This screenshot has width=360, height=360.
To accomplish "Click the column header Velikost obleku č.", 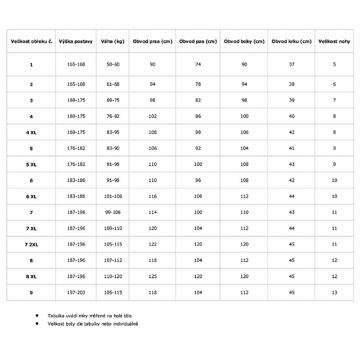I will pos(31,41).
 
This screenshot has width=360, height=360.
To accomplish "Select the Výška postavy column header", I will pos(76,41).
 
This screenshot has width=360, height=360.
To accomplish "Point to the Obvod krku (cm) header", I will pos(292,41).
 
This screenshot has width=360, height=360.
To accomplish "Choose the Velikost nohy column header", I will pos(334,41).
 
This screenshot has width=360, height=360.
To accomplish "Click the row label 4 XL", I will pos(31,132).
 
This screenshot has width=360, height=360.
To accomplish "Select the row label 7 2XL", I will pos(31,244).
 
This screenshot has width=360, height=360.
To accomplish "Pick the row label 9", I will pos(31,292).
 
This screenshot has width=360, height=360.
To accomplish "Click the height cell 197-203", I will pos(76,292).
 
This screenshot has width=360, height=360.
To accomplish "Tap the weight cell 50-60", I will pos(113,64).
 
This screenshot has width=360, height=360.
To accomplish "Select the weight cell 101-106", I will pos(113,196).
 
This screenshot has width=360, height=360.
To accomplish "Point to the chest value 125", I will pos(153,276).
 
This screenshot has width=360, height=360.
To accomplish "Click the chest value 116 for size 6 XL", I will pos(153,196).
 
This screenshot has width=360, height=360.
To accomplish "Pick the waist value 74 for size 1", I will pos(198,64).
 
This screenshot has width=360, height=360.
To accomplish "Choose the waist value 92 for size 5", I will pos(198,148).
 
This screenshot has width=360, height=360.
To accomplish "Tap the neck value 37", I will pos(292,64).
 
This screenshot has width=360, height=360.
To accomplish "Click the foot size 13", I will pos(334,292).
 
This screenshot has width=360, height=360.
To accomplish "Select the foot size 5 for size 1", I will pos(334,64).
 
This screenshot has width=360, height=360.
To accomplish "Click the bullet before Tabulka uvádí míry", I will pos(37,316).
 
